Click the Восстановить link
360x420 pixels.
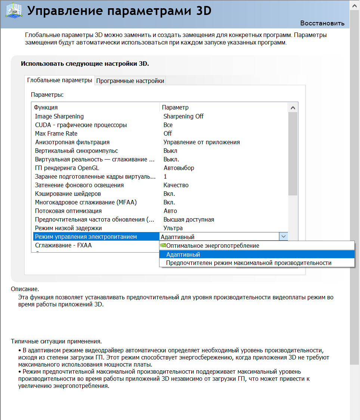click(x=322, y=23)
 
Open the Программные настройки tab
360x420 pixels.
click(x=130, y=81)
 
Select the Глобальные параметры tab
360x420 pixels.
click(x=59, y=80)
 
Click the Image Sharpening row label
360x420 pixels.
click(x=59, y=116)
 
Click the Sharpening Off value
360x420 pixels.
click(x=183, y=116)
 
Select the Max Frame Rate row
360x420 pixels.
click(x=56, y=133)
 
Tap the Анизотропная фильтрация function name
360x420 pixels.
click(x=72, y=142)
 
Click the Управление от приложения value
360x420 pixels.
click(x=202, y=142)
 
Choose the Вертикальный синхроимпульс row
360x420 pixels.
click(x=76, y=151)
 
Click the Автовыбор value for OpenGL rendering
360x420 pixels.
click(x=179, y=168)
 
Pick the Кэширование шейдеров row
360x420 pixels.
click(x=68, y=194)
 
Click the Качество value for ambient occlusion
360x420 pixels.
click(x=176, y=185)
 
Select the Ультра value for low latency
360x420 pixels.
click(x=173, y=228)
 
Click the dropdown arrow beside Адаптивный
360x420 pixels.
click(x=283, y=237)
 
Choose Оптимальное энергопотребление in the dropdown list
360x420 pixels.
click(x=212, y=245)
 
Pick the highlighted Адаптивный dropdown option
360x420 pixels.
click(x=183, y=254)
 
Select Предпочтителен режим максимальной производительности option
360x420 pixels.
click(x=249, y=263)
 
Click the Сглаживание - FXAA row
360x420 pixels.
click(x=63, y=245)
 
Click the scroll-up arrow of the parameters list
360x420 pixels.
click(x=293, y=108)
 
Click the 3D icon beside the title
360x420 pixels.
click(x=13, y=10)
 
